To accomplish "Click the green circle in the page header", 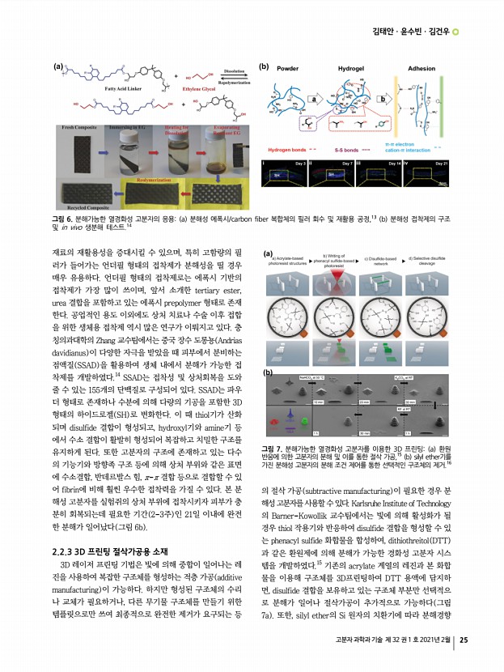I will tap(455, 32).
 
